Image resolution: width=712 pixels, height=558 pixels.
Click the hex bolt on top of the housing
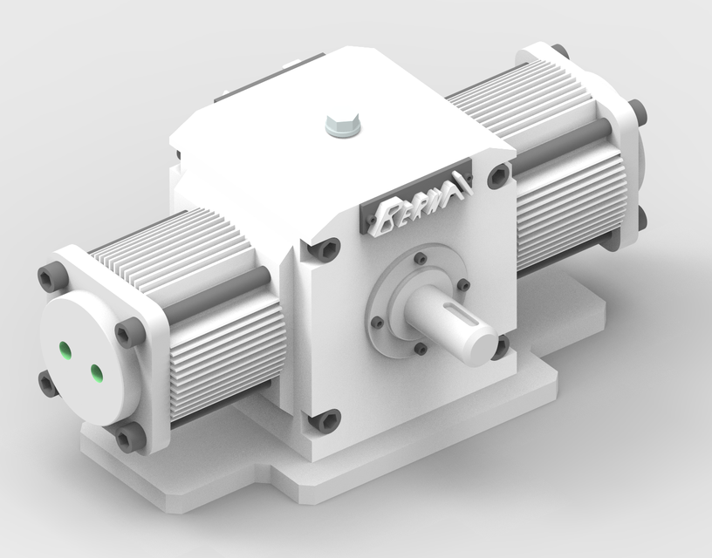click(x=341, y=125)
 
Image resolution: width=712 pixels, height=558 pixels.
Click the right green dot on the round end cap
click(x=95, y=374)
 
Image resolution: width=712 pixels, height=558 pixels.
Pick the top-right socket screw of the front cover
click(x=499, y=176)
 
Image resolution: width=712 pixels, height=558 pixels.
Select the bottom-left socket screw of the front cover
click(x=325, y=421)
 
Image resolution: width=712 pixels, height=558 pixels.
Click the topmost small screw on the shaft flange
click(x=421, y=258)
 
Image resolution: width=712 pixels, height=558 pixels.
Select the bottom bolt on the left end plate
click(x=128, y=438)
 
